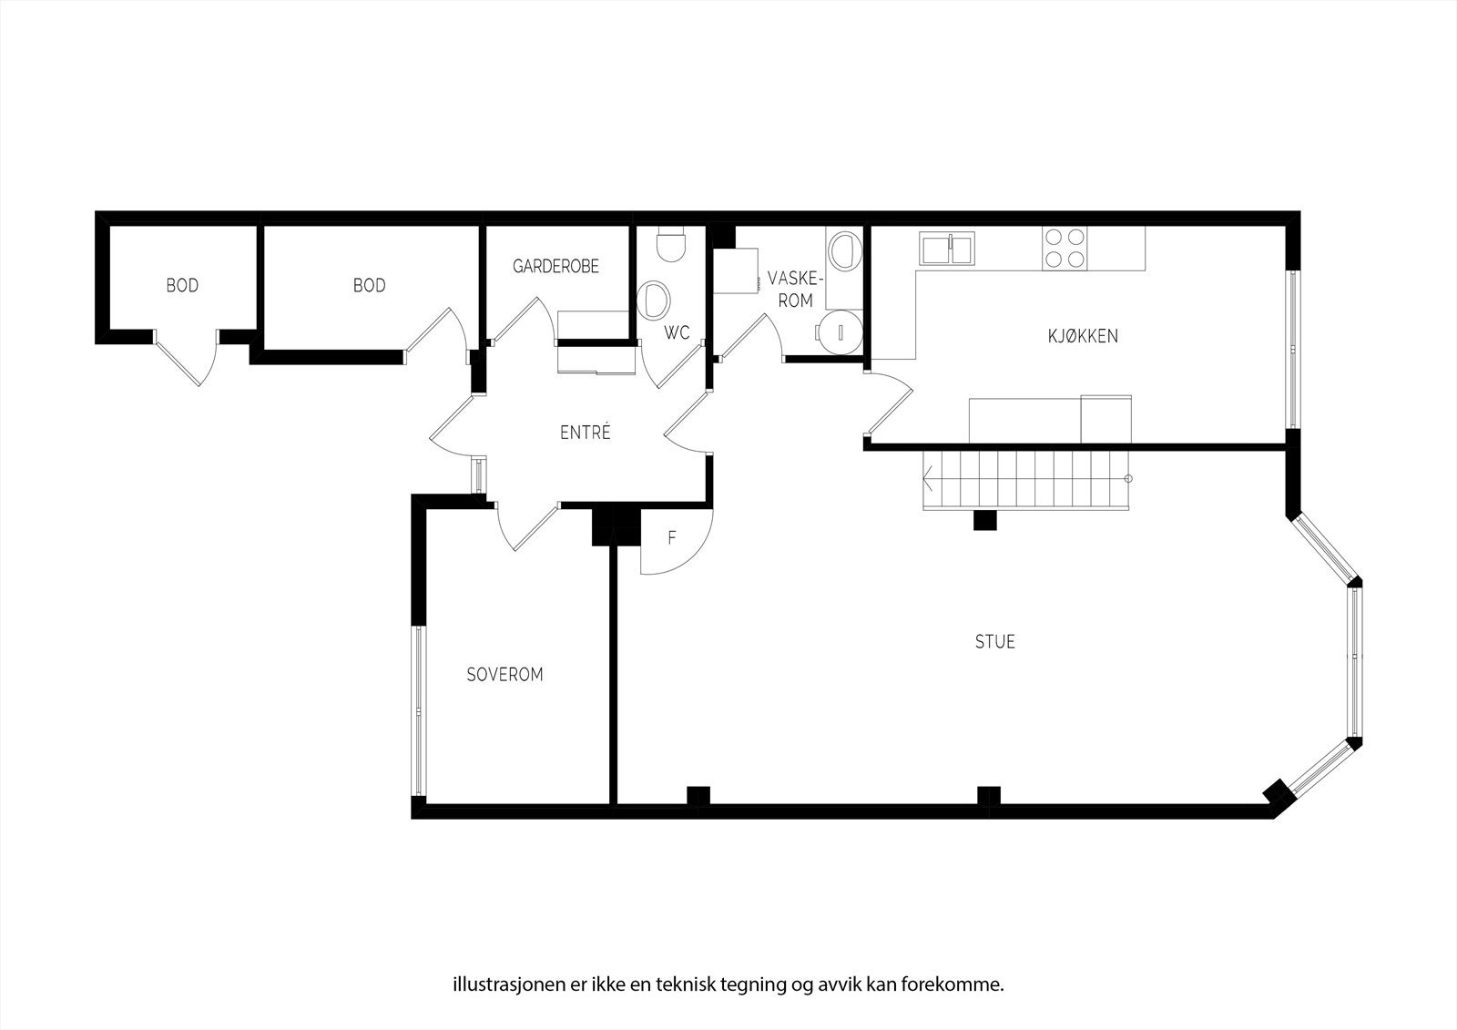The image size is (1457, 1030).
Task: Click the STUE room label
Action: tap(994, 642)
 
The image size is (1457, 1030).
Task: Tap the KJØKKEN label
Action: tap(1082, 336)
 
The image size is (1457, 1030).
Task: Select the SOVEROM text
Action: tap(504, 675)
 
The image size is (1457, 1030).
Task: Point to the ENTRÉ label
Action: tap(585, 433)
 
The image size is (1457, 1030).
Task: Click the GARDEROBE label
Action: tap(555, 267)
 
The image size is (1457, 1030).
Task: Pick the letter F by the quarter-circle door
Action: tap(672, 538)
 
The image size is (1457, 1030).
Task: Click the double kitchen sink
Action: tap(947, 248)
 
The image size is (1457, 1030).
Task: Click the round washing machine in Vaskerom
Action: tap(839, 330)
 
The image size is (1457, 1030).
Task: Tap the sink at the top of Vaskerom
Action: tap(843, 250)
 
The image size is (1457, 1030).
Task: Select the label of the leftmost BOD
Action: tap(182, 286)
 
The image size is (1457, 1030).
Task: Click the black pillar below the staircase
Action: tap(984, 521)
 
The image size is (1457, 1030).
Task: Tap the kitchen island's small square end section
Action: tap(1105, 419)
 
